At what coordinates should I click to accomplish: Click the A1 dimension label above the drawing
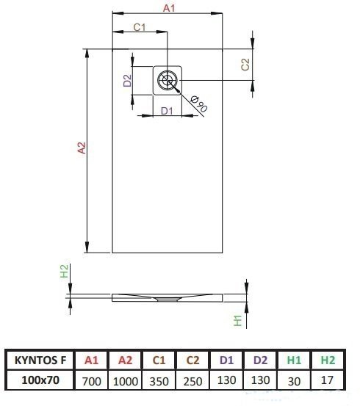(x=169, y=8)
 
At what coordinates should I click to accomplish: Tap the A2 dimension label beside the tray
(x=82, y=148)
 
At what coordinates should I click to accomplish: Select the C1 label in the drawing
(x=140, y=27)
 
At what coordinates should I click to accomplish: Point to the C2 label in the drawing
(x=245, y=64)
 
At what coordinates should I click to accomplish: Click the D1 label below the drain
(x=167, y=111)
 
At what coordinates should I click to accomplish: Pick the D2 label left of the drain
(x=127, y=80)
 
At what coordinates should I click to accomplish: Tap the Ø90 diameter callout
(x=199, y=104)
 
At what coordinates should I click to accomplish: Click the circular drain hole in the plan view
(x=168, y=80)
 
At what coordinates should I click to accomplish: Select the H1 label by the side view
(x=237, y=320)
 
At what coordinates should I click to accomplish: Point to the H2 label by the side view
(x=64, y=271)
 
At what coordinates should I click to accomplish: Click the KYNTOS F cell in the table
(x=40, y=360)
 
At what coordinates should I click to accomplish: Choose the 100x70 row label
(x=40, y=380)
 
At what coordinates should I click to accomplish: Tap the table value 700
(x=92, y=381)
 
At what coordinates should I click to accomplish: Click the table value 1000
(x=126, y=381)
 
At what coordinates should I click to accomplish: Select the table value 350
(x=159, y=381)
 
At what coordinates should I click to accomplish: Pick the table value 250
(x=192, y=381)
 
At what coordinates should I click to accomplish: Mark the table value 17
(x=327, y=380)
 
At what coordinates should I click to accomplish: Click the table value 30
(x=294, y=381)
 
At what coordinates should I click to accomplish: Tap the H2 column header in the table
(x=328, y=360)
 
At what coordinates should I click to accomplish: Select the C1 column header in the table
(x=159, y=360)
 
